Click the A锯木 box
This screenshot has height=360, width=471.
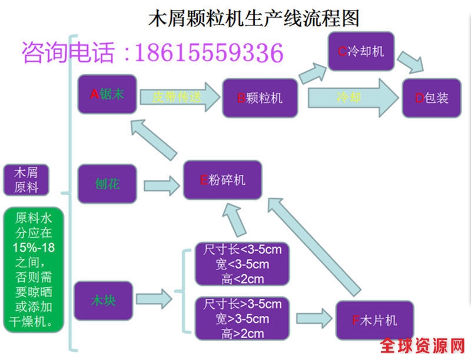coord(107,94)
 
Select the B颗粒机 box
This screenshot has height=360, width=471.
coord(260,98)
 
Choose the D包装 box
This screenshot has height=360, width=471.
coord(432,98)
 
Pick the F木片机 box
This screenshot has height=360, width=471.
coord(374,321)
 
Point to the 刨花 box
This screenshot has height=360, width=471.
coord(107,184)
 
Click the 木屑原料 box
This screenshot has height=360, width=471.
coord(25,180)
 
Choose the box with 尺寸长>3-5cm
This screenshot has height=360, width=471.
coord(242,318)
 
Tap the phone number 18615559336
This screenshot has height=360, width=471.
coord(209,53)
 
